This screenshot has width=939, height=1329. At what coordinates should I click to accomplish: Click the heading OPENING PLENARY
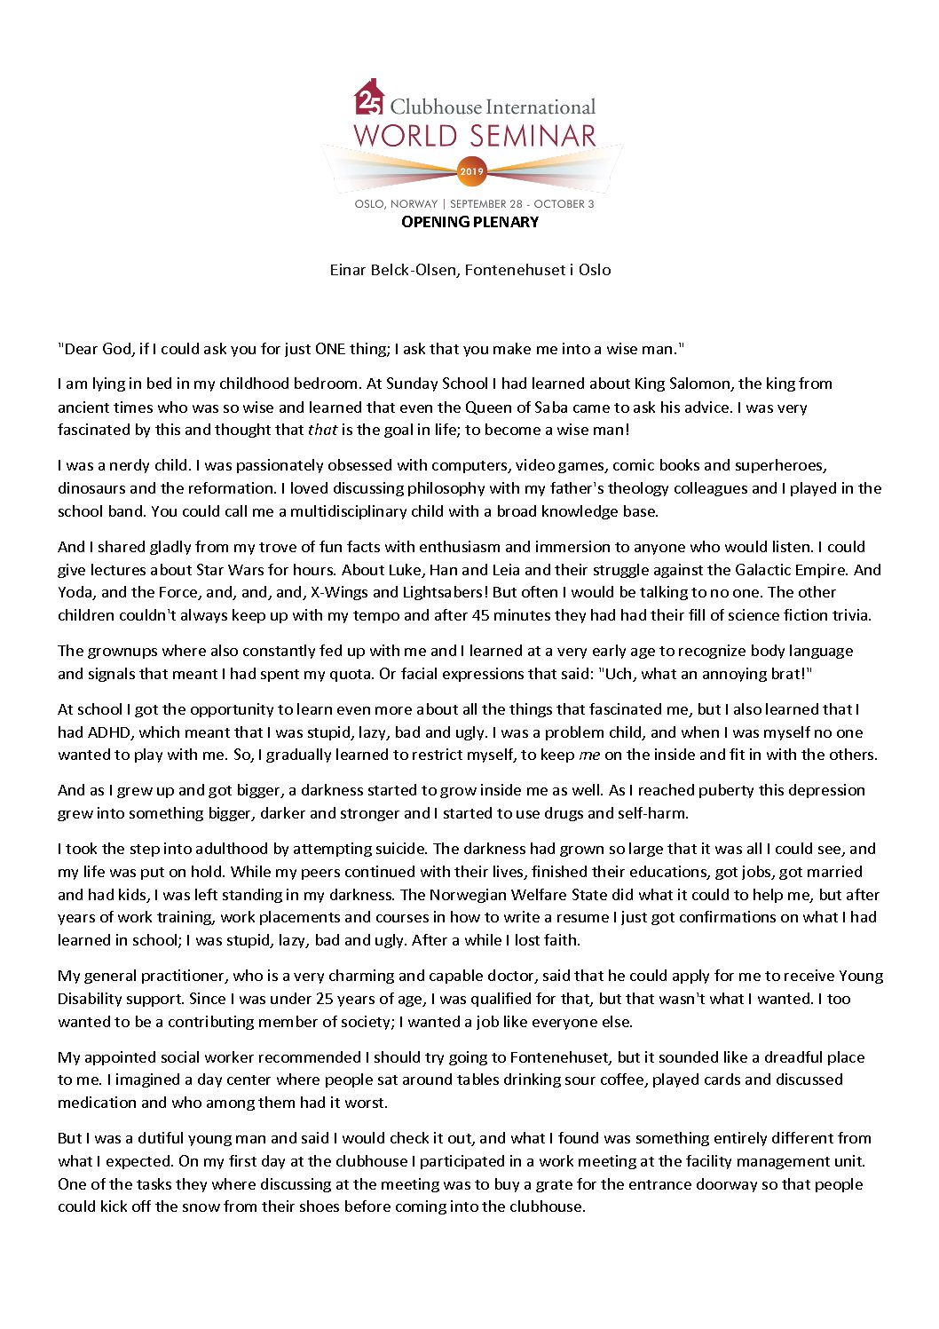(x=469, y=222)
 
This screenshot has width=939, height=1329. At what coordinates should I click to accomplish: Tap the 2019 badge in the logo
(x=471, y=170)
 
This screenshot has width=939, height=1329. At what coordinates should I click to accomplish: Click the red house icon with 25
(x=369, y=98)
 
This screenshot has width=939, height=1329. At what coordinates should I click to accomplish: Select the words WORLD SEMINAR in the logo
(x=475, y=137)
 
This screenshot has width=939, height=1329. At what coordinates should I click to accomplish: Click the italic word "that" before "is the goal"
(x=321, y=430)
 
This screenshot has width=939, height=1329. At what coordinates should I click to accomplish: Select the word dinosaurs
(x=92, y=488)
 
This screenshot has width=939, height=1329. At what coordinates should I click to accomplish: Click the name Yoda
(x=75, y=592)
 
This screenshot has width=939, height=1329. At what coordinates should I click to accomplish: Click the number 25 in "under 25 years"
(x=327, y=999)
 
